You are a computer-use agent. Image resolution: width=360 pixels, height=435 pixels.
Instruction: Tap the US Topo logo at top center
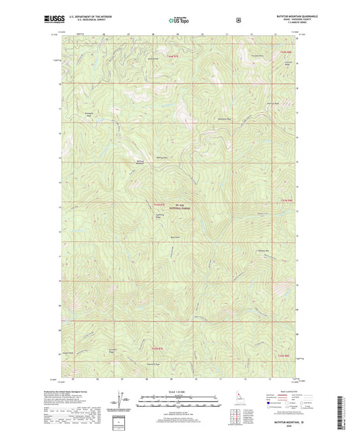tap(179, 20)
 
